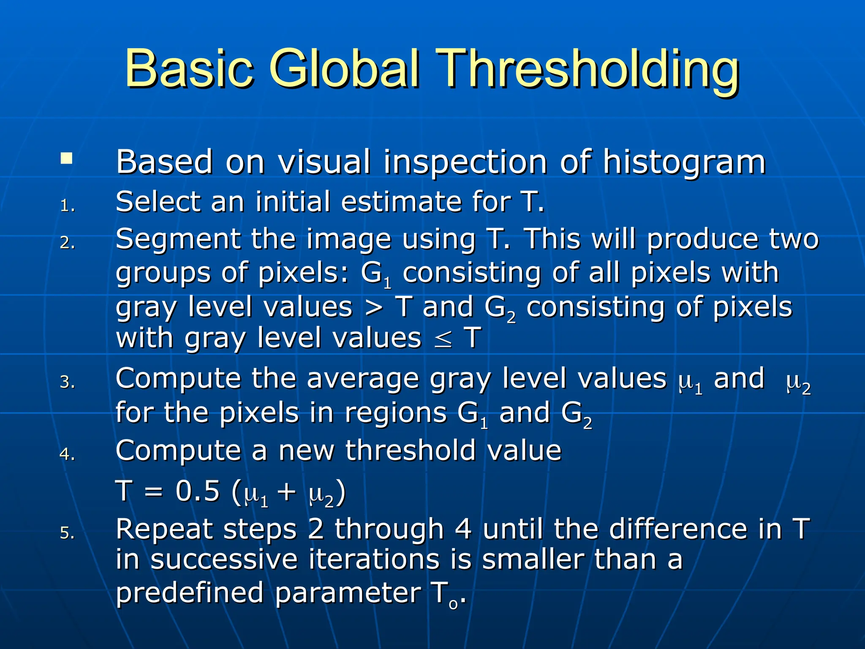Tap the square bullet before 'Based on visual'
point(66,159)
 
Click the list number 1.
point(67,206)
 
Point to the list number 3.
point(67,382)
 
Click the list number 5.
point(67,533)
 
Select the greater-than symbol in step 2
point(374,308)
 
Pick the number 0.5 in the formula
point(198,491)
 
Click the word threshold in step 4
point(411,450)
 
